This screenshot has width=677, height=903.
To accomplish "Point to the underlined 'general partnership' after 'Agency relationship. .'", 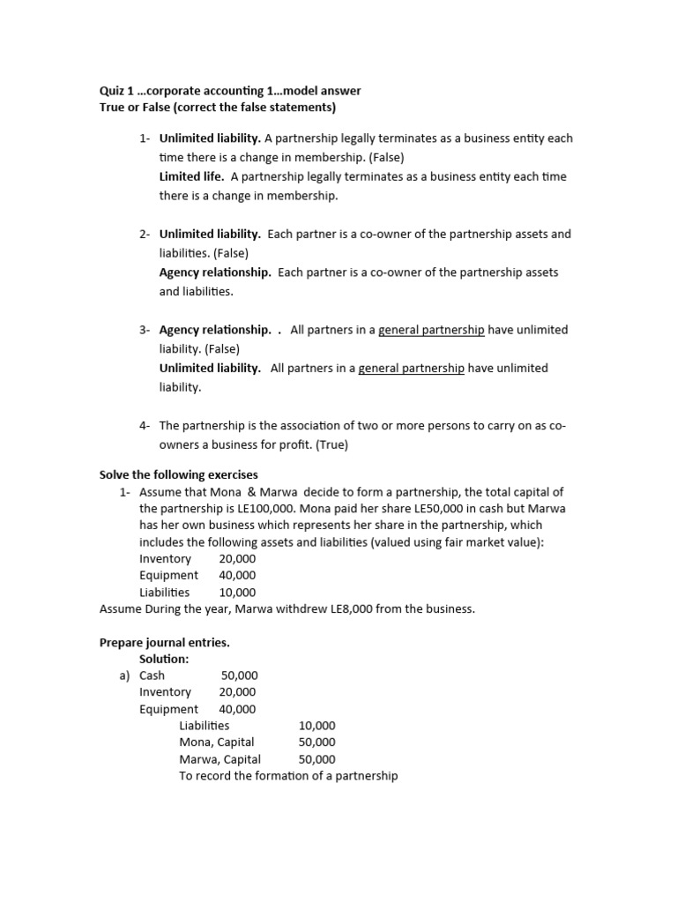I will tap(431, 330).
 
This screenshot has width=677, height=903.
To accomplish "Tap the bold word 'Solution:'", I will tap(164, 659).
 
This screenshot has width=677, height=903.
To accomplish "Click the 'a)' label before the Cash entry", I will tap(124, 675).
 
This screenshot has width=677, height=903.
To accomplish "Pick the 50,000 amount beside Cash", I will tap(239, 675).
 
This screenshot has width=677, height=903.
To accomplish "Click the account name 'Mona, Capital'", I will tap(216, 743).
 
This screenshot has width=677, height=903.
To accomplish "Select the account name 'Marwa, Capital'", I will tap(219, 759).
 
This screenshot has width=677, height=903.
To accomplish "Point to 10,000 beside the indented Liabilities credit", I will tap(316, 726).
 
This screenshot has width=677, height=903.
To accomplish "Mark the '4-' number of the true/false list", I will tap(145, 426).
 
